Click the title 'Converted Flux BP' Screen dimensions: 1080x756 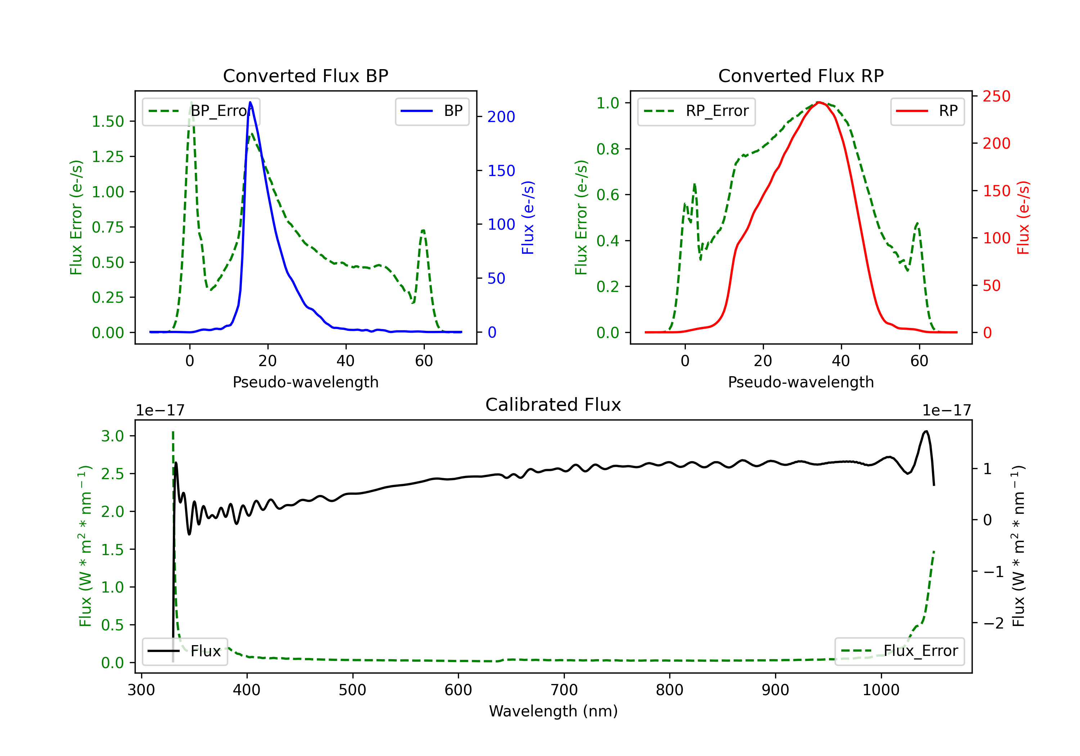(x=305, y=76)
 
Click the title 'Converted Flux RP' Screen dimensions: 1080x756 (x=801, y=76)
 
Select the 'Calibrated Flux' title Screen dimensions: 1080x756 (x=553, y=405)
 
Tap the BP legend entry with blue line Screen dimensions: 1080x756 (x=432, y=111)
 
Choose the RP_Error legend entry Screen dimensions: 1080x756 (x=696, y=111)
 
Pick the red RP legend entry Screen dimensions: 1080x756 (x=927, y=111)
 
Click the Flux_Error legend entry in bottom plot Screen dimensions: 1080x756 (x=899, y=651)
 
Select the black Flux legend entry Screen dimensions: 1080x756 (x=184, y=651)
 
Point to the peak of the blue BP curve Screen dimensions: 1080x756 (x=250, y=102)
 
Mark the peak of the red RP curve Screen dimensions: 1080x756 (x=819, y=102)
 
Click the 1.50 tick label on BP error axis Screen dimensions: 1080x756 (x=108, y=121)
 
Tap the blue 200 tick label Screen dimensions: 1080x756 (x=501, y=117)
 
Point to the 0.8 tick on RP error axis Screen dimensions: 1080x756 (x=608, y=149)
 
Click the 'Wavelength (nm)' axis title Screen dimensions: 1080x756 (x=553, y=711)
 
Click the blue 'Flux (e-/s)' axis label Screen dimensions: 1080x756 (x=528, y=218)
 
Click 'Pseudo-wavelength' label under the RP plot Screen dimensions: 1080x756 (x=801, y=382)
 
